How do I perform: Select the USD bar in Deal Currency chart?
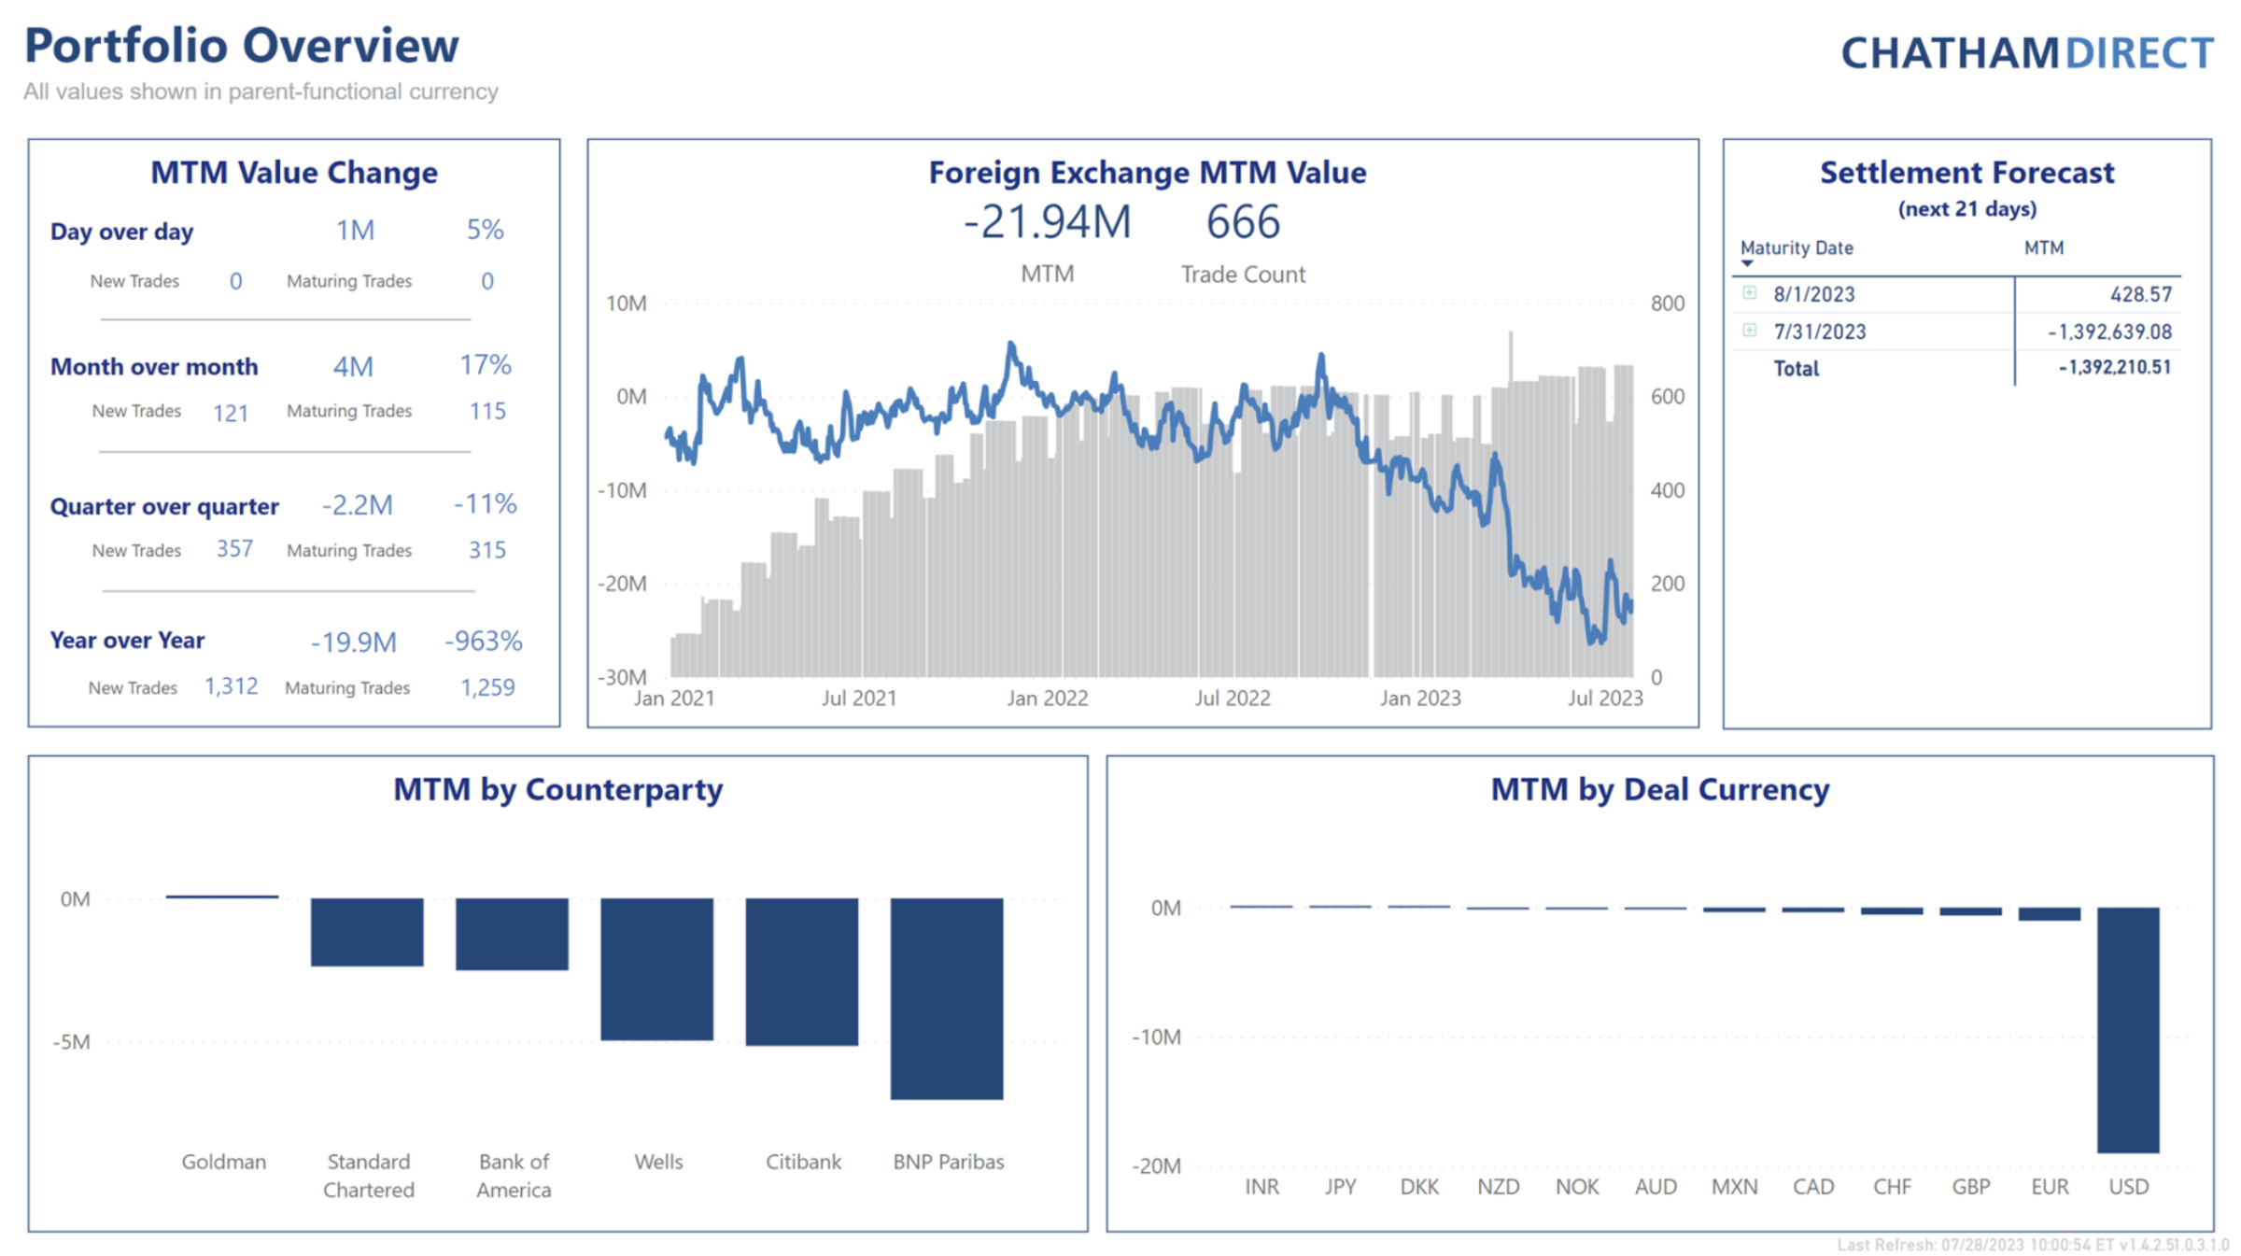[2127, 1029]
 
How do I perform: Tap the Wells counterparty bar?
[656, 968]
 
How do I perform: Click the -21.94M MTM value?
[1047, 223]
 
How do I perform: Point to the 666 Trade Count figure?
[1242, 223]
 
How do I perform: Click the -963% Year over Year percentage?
[483, 642]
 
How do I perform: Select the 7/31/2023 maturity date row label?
[1819, 332]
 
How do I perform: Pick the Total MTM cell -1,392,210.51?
[2114, 368]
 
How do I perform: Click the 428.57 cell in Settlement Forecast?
[2140, 294]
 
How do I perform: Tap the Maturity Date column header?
[1796, 248]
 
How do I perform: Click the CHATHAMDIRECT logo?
[2026, 53]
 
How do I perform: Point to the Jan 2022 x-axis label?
[1047, 699]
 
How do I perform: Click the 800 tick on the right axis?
[1667, 303]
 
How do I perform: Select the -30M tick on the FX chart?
[622, 677]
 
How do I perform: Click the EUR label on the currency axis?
[2050, 1187]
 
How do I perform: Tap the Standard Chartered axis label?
[368, 1176]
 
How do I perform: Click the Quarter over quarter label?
[164, 506]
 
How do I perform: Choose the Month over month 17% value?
[485, 365]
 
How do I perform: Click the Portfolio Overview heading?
[241, 46]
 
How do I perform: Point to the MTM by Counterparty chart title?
[557, 790]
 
